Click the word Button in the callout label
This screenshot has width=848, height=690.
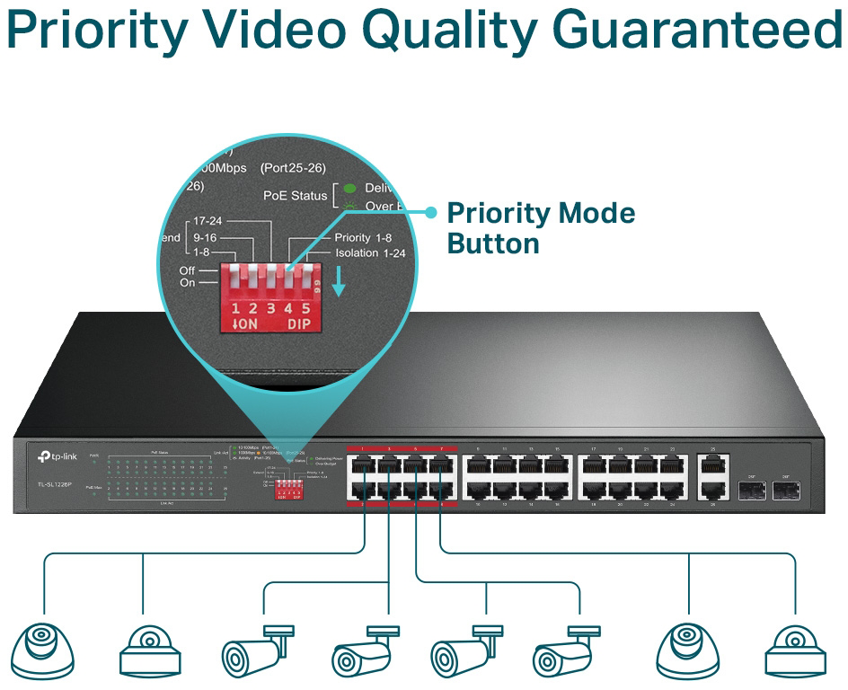click(x=493, y=243)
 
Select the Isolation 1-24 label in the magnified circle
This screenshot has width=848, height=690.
click(x=370, y=253)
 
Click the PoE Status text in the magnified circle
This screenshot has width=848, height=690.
click(x=295, y=195)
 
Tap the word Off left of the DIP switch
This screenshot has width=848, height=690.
click(x=187, y=270)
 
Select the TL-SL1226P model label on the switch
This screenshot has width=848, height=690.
click(x=54, y=486)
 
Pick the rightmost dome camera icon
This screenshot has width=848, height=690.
click(x=794, y=647)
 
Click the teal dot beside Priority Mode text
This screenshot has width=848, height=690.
click(x=430, y=213)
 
